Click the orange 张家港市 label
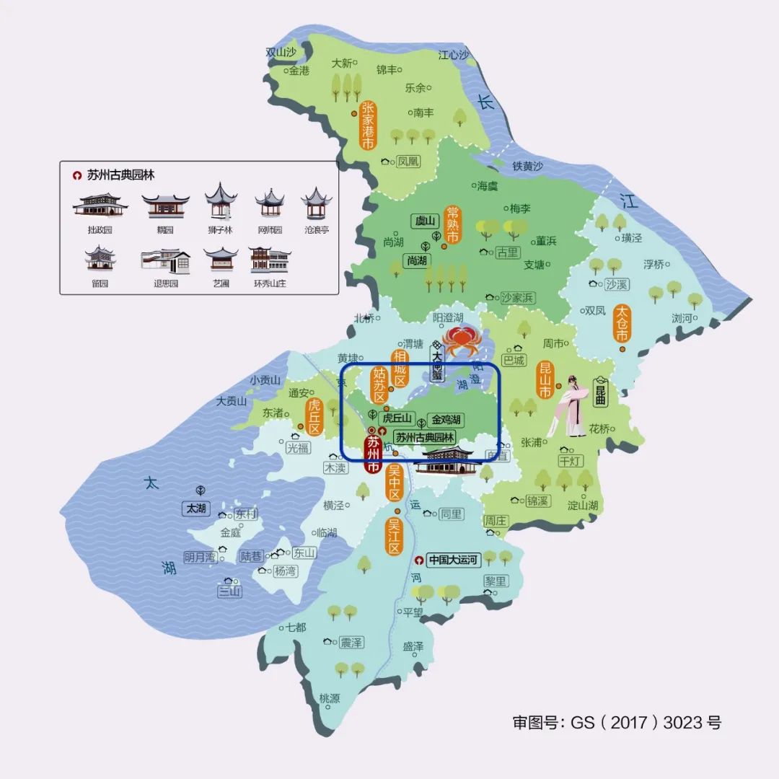tap(368, 125)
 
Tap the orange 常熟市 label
tap(453, 224)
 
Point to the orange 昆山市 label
tap(546, 380)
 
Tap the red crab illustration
tap(459, 339)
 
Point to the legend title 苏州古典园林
tap(120, 175)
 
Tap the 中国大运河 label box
tap(453, 560)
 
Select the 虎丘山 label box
tap(396, 418)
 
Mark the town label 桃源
tap(329, 698)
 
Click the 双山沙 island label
tap(281, 52)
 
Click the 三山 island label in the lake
tap(230, 591)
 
